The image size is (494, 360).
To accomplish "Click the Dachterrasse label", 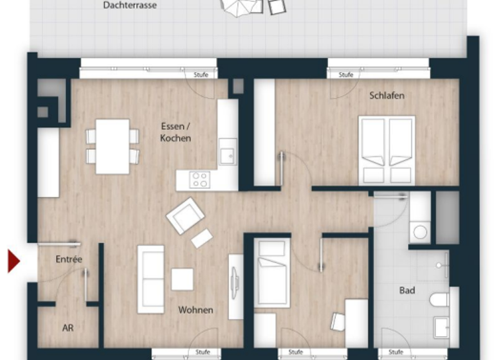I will (129, 6).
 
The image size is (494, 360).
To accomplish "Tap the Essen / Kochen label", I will (175, 132).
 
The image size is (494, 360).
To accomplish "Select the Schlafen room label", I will (387, 96).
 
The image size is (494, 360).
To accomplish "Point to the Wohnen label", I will (196, 310).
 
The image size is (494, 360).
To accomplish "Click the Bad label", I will (407, 291).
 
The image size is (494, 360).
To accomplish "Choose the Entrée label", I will (69, 259).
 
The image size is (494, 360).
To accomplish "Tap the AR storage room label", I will (68, 328).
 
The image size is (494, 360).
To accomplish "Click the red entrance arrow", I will (14, 261).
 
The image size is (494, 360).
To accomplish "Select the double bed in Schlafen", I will (387, 150).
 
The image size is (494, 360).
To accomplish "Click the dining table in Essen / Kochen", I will (113, 147).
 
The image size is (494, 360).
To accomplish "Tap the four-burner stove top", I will (199, 180).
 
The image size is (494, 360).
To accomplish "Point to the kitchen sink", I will (227, 155).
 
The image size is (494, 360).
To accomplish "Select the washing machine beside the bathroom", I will (419, 230).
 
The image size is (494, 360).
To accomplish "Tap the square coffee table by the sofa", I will (182, 279).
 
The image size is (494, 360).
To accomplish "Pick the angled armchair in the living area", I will (185, 215).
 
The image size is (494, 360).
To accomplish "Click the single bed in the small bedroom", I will (271, 271).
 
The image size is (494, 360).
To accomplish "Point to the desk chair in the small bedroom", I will (337, 321).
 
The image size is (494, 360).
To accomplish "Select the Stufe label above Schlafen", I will (346, 75).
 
